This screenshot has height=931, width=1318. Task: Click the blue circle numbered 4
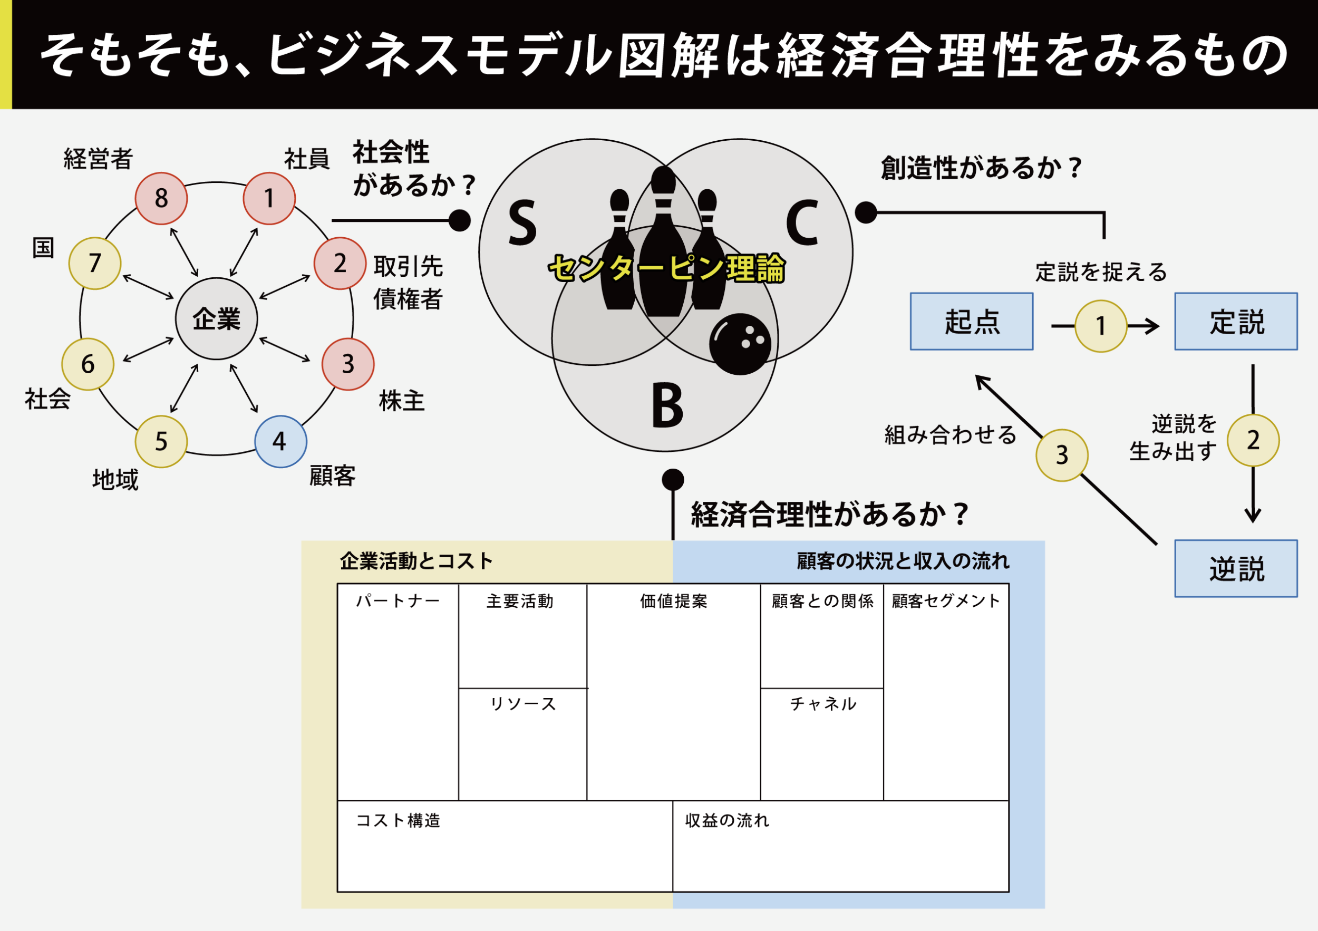point(280,441)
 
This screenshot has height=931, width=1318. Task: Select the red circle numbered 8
point(161,198)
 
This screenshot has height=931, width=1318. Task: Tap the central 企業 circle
point(216,318)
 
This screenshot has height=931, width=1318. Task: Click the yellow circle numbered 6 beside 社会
point(88,364)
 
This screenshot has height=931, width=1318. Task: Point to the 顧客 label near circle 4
point(332,476)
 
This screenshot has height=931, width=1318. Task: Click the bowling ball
point(740,344)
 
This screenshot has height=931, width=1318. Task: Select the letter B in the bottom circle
point(667,406)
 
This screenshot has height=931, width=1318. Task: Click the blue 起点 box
point(971,322)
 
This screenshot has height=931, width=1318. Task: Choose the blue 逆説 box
point(1235,568)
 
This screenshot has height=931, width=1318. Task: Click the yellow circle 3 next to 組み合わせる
point(1061,455)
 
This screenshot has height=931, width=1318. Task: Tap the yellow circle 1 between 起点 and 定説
point(1100,326)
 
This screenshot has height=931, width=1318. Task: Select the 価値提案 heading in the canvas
point(673,601)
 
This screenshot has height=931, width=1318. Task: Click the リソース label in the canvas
point(523,704)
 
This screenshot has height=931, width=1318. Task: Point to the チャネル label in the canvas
point(822,704)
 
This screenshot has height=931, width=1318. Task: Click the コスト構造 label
point(398,820)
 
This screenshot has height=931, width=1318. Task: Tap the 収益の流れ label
point(726,820)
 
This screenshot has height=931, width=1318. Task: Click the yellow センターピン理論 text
point(666,268)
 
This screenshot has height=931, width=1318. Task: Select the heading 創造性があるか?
point(981,168)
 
